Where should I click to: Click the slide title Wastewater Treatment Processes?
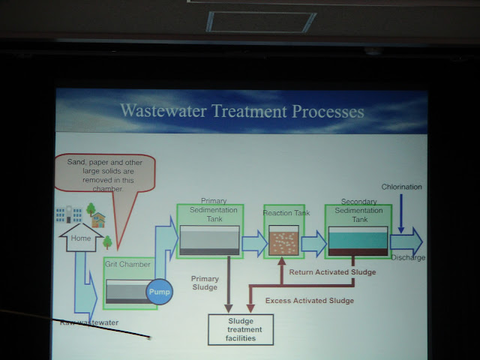click(x=241, y=112)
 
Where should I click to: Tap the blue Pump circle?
click(x=158, y=292)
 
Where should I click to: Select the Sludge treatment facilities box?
click(x=240, y=329)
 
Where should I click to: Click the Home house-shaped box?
click(x=80, y=240)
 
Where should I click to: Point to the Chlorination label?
click(x=401, y=187)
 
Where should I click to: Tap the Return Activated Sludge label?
click(x=331, y=272)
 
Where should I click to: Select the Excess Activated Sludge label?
click(x=310, y=301)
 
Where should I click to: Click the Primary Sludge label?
click(x=205, y=282)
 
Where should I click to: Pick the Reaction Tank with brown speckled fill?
click(x=284, y=242)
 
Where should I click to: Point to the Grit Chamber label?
click(x=127, y=265)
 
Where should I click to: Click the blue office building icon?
click(x=65, y=214)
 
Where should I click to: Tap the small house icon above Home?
click(x=97, y=219)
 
